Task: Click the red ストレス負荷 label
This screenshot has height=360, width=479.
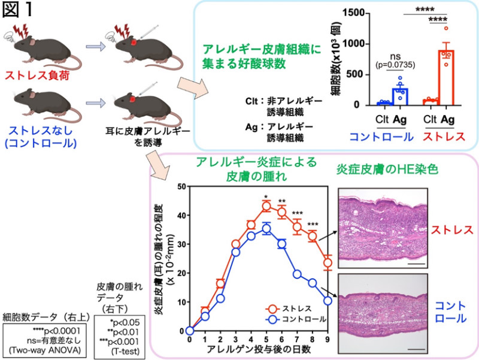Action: click(37, 75)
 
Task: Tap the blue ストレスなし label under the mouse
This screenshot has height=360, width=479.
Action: click(41, 131)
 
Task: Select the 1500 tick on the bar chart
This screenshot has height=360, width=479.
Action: click(353, 13)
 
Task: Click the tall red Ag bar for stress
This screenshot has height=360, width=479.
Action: click(446, 78)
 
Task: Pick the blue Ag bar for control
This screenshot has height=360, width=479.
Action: click(400, 96)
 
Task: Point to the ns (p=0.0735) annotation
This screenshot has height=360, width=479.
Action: click(395, 61)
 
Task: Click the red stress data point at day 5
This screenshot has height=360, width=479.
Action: click(266, 206)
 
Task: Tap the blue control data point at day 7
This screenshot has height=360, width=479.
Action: click(297, 274)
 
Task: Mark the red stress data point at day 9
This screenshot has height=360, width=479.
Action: click(328, 263)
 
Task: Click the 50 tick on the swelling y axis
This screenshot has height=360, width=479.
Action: click(182, 186)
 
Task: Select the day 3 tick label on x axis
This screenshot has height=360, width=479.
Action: click(235, 339)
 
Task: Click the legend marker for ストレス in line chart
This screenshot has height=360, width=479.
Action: click(272, 308)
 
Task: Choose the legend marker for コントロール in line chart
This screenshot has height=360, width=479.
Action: click(272, 319)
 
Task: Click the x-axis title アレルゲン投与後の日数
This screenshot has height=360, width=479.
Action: click(259, 349)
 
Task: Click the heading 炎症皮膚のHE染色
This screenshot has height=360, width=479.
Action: click(387, 169)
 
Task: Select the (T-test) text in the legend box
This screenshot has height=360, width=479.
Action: click(125, 352)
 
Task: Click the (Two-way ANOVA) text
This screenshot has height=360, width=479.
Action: click(44, 350)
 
